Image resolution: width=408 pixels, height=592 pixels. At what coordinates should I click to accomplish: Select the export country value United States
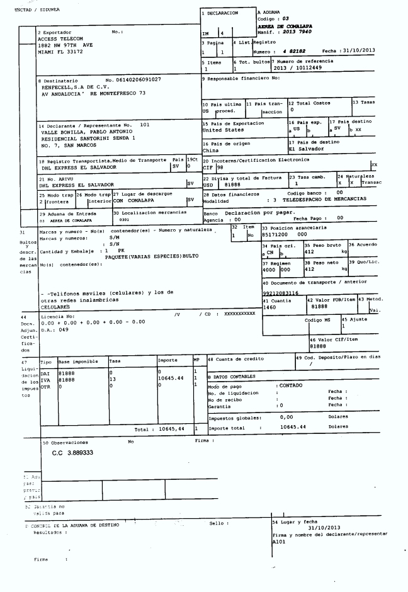point(222,130)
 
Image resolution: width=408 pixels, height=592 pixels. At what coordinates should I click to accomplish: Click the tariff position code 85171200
point(274,234)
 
